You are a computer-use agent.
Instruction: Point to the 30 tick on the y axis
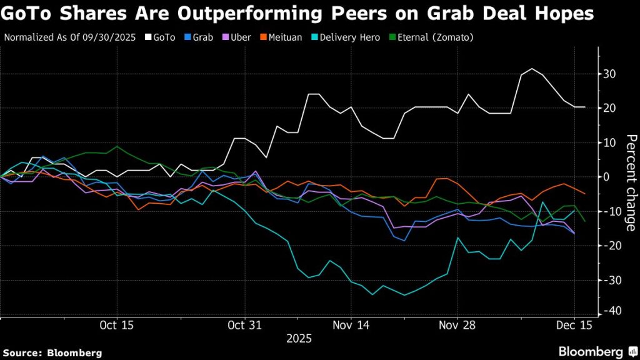point(609,74)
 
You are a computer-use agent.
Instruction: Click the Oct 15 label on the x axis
point(116,326)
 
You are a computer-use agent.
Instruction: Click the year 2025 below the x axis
point(298,339)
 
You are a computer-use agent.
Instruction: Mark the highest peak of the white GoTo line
point(531,69)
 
